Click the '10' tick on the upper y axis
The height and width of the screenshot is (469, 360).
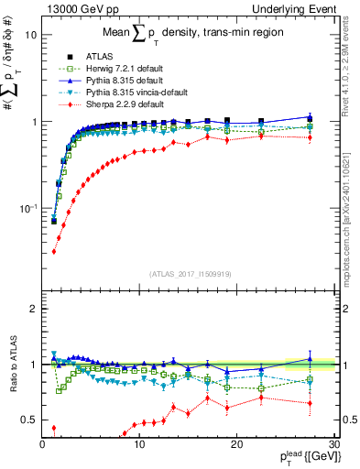coord(29,35)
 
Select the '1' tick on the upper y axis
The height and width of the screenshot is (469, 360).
coord(32,122)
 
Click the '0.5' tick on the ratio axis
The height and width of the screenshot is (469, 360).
coord(27,420)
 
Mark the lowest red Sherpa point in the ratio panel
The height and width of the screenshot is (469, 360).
coord(53,428)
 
